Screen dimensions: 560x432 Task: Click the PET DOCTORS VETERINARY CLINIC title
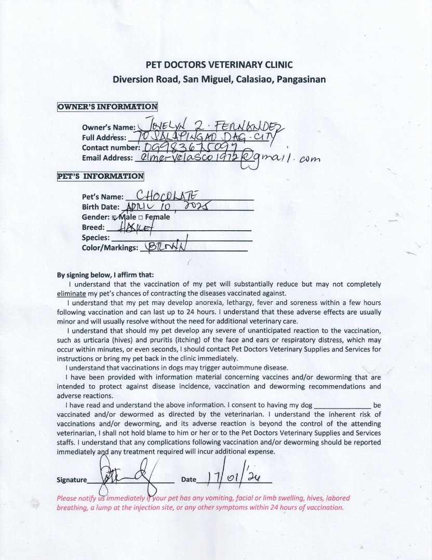219,65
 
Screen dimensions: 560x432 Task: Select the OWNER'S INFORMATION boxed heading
107,107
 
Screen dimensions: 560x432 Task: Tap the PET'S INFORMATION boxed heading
101,176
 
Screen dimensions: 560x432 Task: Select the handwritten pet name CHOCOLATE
168,195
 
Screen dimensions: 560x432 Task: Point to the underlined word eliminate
71,293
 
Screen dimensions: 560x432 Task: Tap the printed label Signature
72,480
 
